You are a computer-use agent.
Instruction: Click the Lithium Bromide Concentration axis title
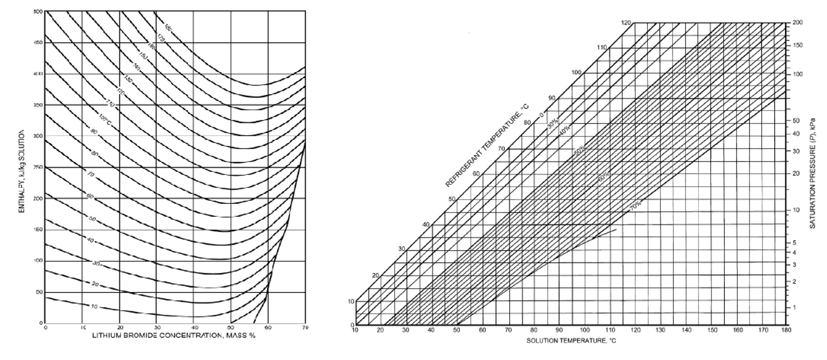pos(174,335)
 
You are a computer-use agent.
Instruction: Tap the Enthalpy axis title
pos(22,171)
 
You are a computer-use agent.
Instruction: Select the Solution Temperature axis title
pos(571,340)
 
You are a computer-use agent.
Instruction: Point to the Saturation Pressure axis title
pos(813,173)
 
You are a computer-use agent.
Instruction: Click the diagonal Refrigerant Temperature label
pos(487,146)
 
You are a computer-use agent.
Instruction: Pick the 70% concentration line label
pos(635,205)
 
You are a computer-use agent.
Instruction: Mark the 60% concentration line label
pos(603,176)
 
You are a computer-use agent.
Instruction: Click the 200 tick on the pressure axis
pos(797,23)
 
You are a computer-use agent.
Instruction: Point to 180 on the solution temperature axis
pos(786,330)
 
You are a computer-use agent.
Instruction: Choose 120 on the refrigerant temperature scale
pos(626,23)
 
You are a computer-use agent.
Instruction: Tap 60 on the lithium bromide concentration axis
pos(268,327)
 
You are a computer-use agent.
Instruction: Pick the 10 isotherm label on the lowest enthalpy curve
pos(94,306)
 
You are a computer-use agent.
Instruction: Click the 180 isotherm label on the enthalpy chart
pos(168,27)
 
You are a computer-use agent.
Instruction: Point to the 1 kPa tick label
pos(794,307)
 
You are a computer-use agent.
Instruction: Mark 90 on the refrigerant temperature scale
pos(552,98)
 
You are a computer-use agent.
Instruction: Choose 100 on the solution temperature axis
pos(584,330)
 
